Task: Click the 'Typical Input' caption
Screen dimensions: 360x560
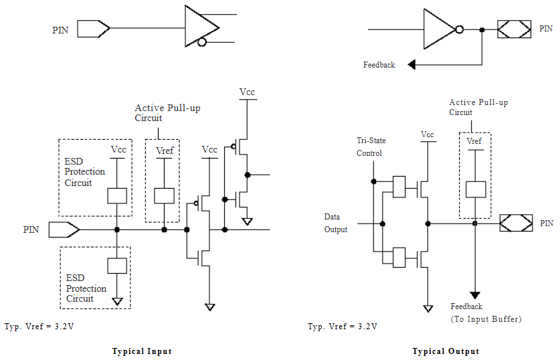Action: click(142, 351)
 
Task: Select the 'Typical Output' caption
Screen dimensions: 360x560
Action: click(446, 351)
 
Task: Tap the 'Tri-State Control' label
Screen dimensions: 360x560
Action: click(371, 147)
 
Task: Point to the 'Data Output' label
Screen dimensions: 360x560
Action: click(336, 223)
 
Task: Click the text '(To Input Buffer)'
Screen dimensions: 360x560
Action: click(486, 319)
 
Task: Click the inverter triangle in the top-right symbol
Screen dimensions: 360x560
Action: click(439, 29)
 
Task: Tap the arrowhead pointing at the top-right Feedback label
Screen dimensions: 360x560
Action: click(411, 65)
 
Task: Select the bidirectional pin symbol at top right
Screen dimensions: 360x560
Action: click(515, 29)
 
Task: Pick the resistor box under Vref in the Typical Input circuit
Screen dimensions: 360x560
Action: click(164, 195)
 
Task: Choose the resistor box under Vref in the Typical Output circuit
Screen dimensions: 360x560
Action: click(474, 189)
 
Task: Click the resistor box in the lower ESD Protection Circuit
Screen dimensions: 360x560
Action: click(117, 265)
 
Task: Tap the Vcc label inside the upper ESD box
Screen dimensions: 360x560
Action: click(118, 149)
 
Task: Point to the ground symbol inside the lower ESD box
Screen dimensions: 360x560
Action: click(118, 302)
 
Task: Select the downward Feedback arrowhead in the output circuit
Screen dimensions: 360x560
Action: click(474, 294)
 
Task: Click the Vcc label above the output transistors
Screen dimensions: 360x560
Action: click(427, 134)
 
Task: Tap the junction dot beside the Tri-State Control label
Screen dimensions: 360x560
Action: click(373, 181)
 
